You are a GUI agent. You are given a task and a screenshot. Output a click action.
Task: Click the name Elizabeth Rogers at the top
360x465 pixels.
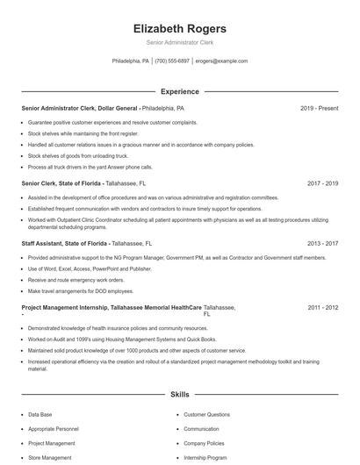[x=179, y=28]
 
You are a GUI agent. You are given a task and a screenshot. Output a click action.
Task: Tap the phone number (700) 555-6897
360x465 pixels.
[x=173, y=61]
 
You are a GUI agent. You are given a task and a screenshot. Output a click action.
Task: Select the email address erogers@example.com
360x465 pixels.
[x=221, y=61]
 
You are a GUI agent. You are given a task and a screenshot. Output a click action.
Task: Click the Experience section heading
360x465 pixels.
[x=179, y=91]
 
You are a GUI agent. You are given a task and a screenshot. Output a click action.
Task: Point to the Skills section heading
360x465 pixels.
[x=179, y=396]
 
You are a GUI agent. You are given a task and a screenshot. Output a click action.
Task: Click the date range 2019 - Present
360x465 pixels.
[x=319, y=108]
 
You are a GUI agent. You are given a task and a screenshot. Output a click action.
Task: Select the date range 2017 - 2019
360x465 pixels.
[x=323, y=183]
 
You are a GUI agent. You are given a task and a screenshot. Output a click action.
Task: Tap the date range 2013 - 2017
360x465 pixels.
[x=323, y=243]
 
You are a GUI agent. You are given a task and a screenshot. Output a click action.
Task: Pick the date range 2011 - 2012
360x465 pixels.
[x=323, y=308]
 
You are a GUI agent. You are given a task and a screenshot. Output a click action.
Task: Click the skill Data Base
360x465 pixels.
[x=40, y=414]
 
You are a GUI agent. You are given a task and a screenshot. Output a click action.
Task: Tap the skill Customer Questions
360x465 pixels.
[x=206, y=414]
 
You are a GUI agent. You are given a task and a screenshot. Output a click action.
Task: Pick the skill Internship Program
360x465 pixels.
[x=205, y=457]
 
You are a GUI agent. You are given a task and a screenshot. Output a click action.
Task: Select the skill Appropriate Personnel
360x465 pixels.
[x=53, y=429]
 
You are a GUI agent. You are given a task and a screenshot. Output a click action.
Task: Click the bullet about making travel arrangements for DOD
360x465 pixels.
[x=81, y=290]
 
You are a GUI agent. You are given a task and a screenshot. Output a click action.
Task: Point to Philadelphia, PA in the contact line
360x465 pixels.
[x=131, y=61]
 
